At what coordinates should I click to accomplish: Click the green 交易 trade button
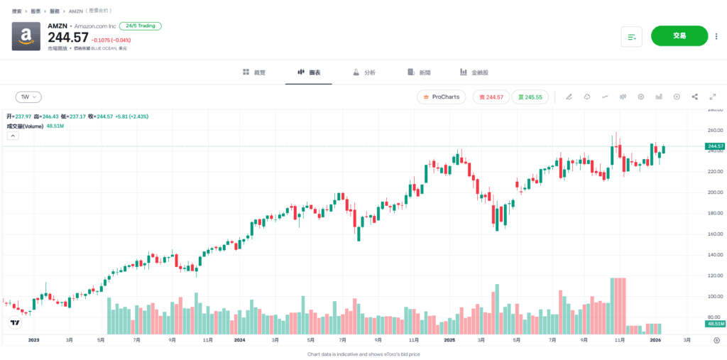pos(679,36)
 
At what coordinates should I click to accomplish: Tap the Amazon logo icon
pos(26,36)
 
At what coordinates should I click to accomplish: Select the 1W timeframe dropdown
pos(28,97)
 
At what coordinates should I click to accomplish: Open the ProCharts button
pos(441,97)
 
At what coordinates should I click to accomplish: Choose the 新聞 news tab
pos(420,72)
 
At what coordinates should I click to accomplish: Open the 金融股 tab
pos(474,72)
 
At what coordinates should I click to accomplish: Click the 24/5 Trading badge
pos(141,26)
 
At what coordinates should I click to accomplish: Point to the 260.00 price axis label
pos(714,131)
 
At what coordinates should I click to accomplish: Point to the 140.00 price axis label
pos(714,255)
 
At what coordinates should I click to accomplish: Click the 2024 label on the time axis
pos(240,341)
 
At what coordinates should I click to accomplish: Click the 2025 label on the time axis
pos(449,341)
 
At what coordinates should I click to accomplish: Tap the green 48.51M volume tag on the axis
pos(715,324)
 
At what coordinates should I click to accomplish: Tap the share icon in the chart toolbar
pos(694,97)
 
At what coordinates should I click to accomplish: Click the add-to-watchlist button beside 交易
pos(631,36)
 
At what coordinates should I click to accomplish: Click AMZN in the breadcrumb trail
pos(75,11)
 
